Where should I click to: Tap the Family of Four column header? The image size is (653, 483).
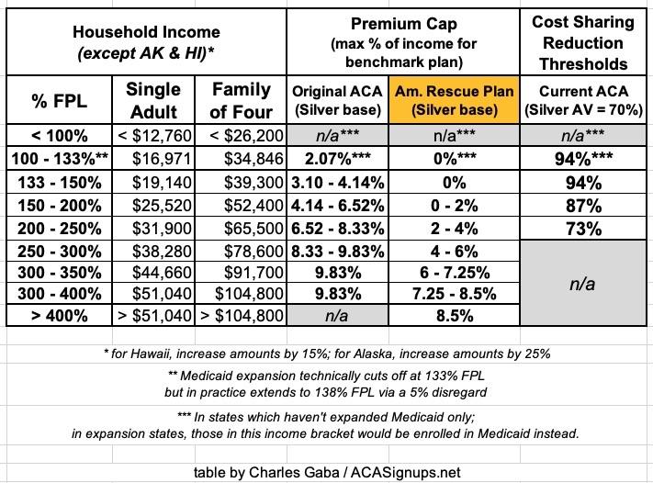[x=242, y=101]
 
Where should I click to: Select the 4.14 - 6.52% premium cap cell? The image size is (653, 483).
[x=335, y=203]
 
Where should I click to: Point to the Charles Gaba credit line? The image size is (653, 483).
[x=325, y=472]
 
